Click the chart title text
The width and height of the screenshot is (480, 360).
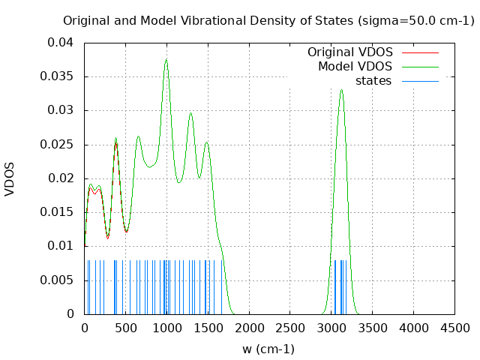268,21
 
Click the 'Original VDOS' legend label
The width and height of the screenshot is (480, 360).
349,52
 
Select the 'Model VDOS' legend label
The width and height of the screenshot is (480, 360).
355,67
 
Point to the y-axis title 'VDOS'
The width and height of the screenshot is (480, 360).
10,178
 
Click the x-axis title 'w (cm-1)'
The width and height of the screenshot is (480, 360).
268,349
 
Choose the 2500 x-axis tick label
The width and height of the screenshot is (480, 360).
290,328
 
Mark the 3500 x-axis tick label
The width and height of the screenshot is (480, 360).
373,328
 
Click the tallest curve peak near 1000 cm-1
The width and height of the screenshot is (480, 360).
166,60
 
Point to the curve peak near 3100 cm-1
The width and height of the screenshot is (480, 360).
341,90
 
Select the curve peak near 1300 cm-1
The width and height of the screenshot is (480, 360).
190,113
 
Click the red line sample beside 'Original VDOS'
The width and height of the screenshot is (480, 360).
420,52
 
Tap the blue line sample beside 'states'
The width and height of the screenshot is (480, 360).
420,80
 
